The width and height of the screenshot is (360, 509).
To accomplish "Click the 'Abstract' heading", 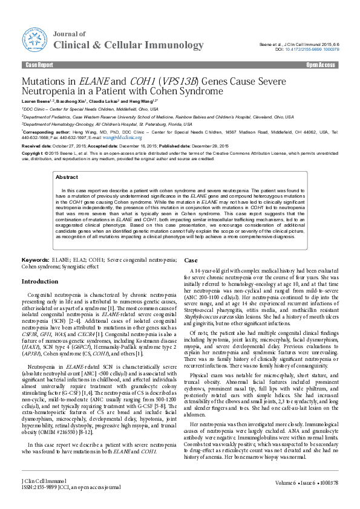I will (x=67, y=177).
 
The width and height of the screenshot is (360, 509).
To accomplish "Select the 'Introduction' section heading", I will (x=40, y=282).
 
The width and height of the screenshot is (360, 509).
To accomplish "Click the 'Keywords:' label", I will (x=36, y=259).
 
